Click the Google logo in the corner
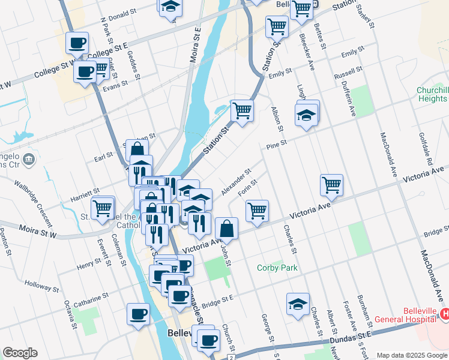pyautogui.click(x=20, y=353)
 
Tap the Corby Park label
pyautogui.click(x=277, y=268)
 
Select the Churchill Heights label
pyautogui.click(x=432, y=95)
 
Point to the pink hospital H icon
pyautogui.click(x=445, y=313)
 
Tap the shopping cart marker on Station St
pyautogui.click(x=242, y=110)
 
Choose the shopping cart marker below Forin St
pyautogui.click(x=257, y=211)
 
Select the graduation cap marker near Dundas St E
pyautogui.click(x=298, y=304)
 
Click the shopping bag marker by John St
pyautogui.click(x=227, y=228)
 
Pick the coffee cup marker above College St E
pyautogui.click(x=77, y=43)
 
